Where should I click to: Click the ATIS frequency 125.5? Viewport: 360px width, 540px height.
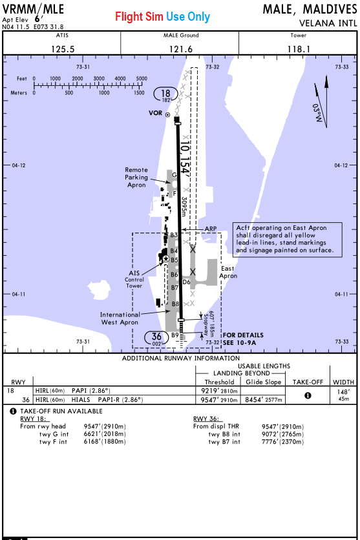(x=63, y=49)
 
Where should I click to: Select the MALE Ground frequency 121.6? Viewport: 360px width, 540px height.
(x=181, y=49)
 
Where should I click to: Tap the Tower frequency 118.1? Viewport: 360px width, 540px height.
(x=299, y=49)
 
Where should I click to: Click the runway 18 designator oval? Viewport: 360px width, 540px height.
(x=165, y=95)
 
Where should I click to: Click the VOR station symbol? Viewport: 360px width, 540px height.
(x=168, y=115)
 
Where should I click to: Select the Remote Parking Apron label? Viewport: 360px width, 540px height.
(x=136, y=178)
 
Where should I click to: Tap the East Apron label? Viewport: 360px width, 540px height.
(x=228, y=272)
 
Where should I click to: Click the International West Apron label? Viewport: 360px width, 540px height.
(x=120, y=318)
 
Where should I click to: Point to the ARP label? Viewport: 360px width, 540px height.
(x=211, y=229)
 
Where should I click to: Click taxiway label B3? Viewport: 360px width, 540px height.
(x=174, y=235)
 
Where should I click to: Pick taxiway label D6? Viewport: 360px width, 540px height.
(x=186, y=282)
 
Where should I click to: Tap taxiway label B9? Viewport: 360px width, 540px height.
(x=175, y=335)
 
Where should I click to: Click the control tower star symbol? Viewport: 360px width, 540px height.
(x=166, y=258)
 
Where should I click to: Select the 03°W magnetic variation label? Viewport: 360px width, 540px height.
(x=317, y=112)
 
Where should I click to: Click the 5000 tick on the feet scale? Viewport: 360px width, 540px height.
(x=142, y=84)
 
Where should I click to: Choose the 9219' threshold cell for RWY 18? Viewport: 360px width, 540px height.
(x=219, y=391)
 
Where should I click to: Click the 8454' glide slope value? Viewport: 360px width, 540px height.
(x=264, y=400)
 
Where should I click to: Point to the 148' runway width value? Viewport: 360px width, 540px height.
(x=343, y=392)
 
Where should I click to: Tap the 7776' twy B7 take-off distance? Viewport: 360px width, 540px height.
(x=282, y=442)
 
